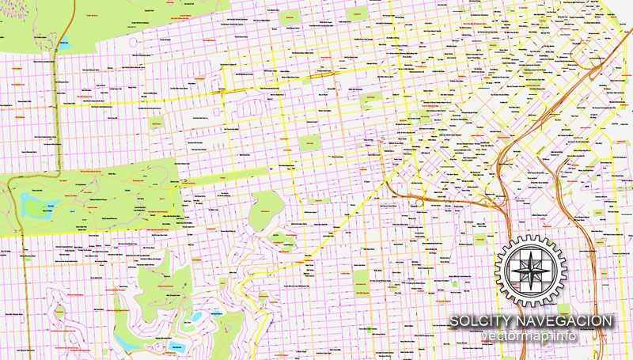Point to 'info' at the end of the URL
point(564,337)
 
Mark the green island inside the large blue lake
point(49,209)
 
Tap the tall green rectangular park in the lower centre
point(361,279)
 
